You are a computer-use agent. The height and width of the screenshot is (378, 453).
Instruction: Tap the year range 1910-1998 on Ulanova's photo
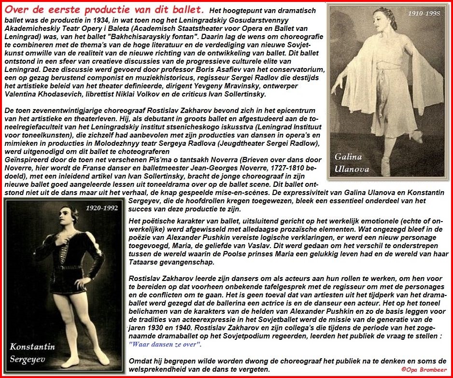coord(424,14)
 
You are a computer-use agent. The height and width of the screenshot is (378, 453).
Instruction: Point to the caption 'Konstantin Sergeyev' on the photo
coord(32,352)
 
